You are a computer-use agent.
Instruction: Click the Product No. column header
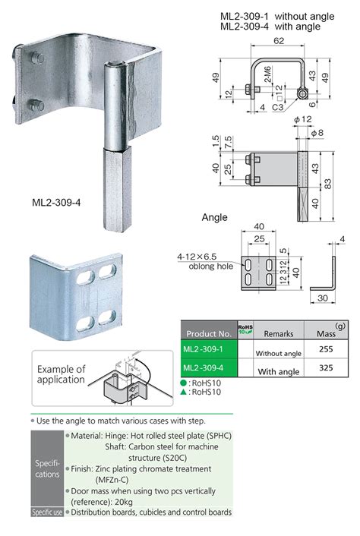[208, 332]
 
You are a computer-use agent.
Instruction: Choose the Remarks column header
[278, 333]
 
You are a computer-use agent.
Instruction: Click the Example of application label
[62, 374]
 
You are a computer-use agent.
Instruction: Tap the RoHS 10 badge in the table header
[245, 329]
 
